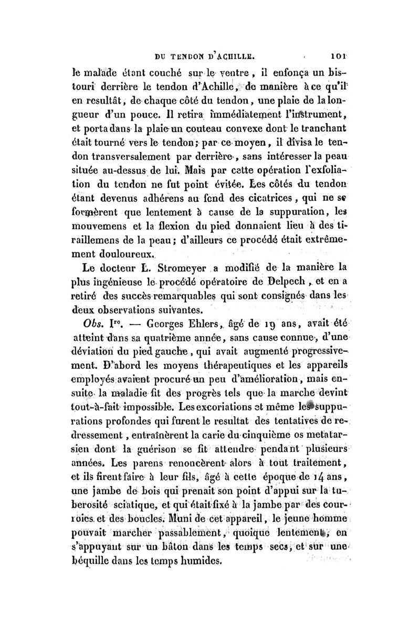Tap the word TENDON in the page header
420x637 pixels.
click(196, 53)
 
